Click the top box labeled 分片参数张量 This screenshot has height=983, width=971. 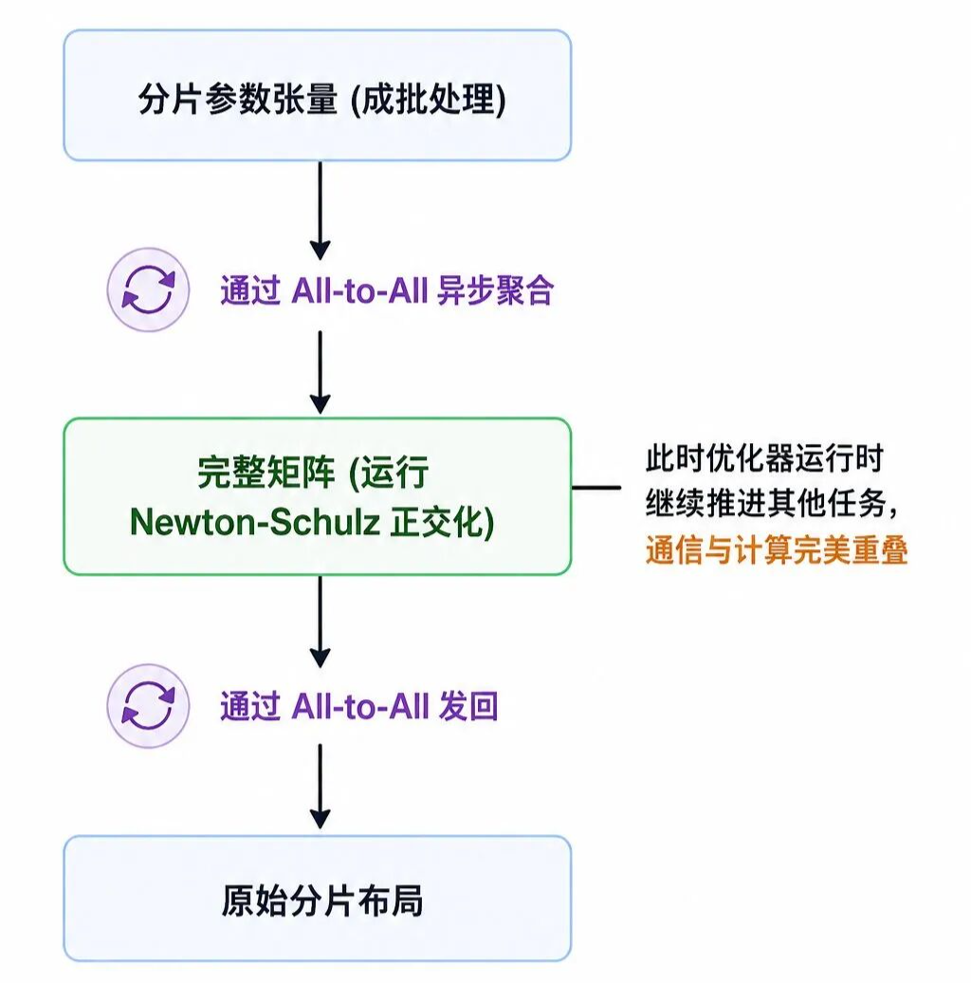click(x=318, y=95)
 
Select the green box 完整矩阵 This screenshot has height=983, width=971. click(x=318, y=496)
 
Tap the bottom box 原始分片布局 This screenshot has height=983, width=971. click(x=318, y=899)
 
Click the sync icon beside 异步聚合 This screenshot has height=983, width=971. click(x=149, y=289)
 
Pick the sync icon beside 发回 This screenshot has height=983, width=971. click(x=149, y=706)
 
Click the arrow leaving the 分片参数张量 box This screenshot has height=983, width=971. click(x=321, y=211)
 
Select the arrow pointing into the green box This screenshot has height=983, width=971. click(x=321, y=372)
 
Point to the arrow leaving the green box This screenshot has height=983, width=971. click(x=321, y=621)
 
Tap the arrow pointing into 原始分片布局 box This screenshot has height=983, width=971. click(x=321, y=787)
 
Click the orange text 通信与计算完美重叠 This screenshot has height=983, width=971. click(x=777, y=551)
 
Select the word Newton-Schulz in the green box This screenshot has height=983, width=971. click(x=255, y=522)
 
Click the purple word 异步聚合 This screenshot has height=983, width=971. click(x=496, y=291)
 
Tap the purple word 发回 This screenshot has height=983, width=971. click(x=468, y=707)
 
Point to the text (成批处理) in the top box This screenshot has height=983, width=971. click(x=428, y=99)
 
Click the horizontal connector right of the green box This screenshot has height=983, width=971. click(x=596, y=487)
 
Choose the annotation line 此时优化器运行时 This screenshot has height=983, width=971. click(x=764, y=458)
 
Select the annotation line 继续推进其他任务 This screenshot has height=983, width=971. click(x=767, y=504)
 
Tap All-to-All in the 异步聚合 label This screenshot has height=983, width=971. click(x=360, y=291)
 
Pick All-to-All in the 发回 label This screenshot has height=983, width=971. click(x=360, y=707)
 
